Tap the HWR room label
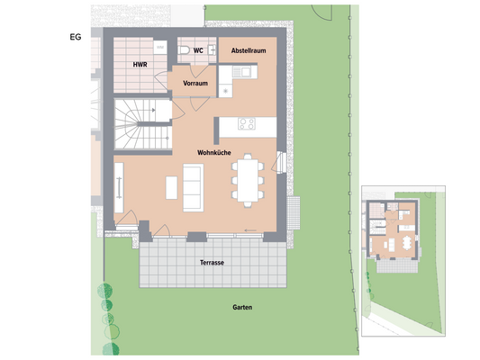point(140,65)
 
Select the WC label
point(198,51)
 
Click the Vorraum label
point(195,83)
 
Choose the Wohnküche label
point(217,154)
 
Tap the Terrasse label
point(212,262)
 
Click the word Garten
point(241,308)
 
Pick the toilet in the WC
point(184,49)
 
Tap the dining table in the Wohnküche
point(246,179)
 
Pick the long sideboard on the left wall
point(119,188)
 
